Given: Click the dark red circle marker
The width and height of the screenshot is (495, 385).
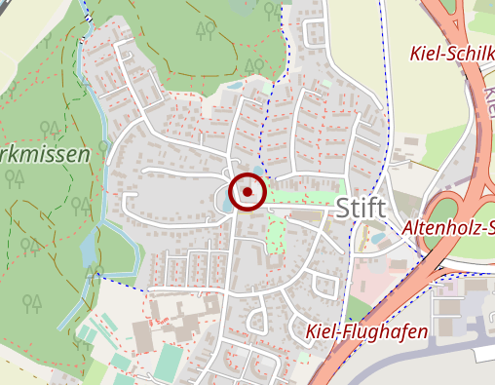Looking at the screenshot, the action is tap(248, 191).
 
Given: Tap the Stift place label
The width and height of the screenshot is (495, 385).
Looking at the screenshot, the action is tap(362, 208).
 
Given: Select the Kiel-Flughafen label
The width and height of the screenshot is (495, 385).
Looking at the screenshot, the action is tap(365, 332).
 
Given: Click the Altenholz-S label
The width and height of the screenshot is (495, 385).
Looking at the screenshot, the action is tap(447, 228).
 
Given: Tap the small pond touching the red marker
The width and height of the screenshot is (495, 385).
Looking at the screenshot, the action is tap(227, 202).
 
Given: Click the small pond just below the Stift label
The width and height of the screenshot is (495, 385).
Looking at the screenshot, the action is tap(378, 237).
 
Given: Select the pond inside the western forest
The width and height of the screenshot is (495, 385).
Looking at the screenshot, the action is tap(90, 251).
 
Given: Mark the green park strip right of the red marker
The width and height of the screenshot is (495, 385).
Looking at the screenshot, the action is tap(304, 197).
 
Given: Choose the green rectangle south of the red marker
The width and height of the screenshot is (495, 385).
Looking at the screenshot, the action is tap(276, 233).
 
